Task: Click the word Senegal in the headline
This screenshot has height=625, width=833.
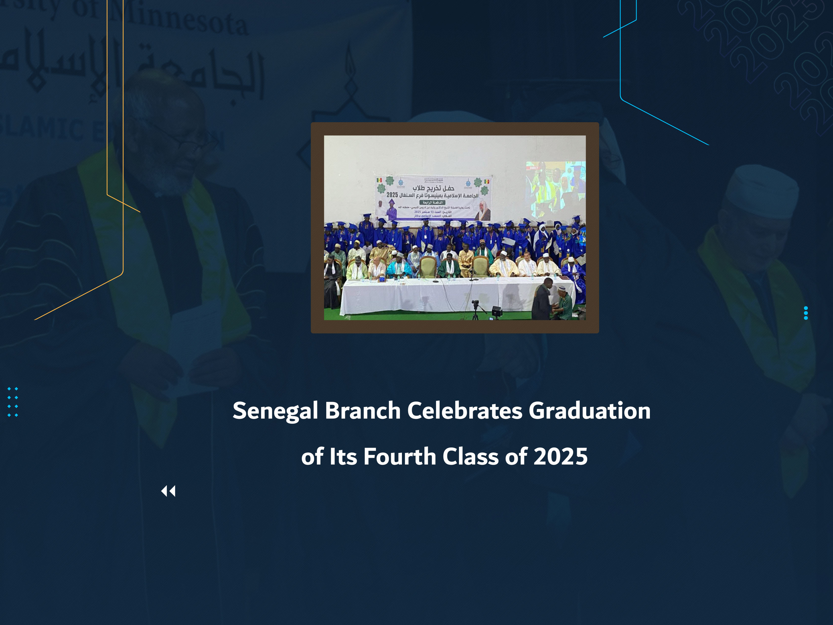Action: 275,411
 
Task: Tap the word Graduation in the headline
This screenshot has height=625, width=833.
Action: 589,411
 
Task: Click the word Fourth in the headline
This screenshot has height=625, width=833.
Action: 399,457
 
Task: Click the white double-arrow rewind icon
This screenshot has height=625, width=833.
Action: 168,491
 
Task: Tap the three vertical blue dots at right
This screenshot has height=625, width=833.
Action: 806,313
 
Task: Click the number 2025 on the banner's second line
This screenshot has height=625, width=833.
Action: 392,195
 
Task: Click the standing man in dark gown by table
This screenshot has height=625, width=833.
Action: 542,300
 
